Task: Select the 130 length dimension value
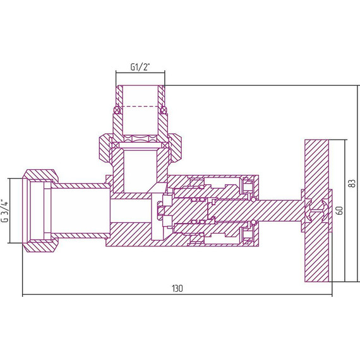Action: coord(177,288)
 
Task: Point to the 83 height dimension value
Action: coord(351,183)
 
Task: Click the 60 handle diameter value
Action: coord(339,210)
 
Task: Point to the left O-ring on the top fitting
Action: coord(116,111)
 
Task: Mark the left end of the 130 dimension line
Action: coord(23,294)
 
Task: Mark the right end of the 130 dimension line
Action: coord(331,294)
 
